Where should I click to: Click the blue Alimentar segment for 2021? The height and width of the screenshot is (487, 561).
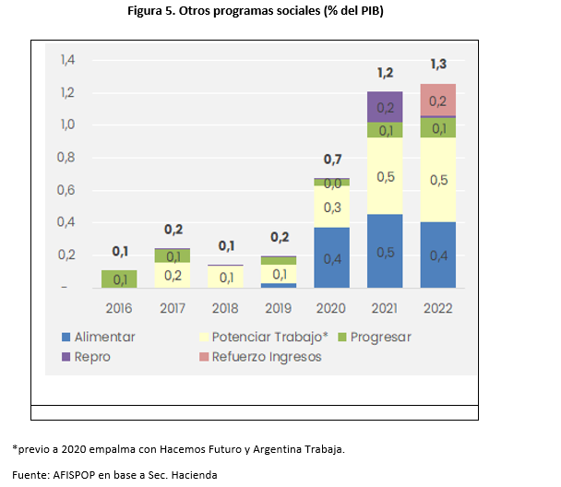click(386, 252)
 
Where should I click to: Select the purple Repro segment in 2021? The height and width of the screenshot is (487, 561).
click(386, 107)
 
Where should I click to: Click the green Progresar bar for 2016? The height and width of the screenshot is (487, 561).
click(119, 279)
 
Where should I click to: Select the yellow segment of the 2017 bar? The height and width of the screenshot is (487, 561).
click(173, 275)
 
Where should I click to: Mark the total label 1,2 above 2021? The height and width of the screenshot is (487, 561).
click(386, 72)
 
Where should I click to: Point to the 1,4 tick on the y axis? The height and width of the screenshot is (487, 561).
click(67, 60)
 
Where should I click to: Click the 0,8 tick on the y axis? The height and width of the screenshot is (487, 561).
click(67, 158)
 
